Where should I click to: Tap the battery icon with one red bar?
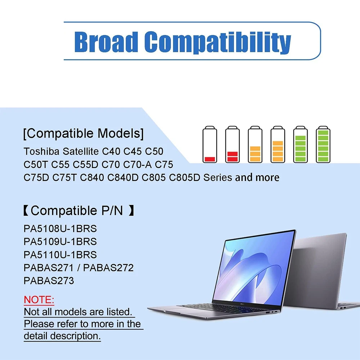[x=210, y=144]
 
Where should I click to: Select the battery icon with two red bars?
[x=232, y=144]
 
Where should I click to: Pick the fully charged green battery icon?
[x=323, y=144]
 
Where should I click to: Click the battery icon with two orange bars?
[x=255, y=144]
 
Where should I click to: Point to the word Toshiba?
[x=42, y=151]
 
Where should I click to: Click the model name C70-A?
[x=137, y=165]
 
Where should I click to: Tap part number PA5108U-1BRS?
[x=60, y=229]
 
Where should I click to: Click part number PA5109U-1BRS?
[x=60, y=242]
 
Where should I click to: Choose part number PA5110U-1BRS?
[x=60, y=255]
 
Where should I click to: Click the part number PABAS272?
[x=108, y=268]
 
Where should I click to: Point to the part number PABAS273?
[x=49, y=280]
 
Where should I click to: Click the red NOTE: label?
[x=39, y=300]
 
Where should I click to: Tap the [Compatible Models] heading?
[x=84, y=134]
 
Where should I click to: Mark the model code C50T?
[x=36, y=165]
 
